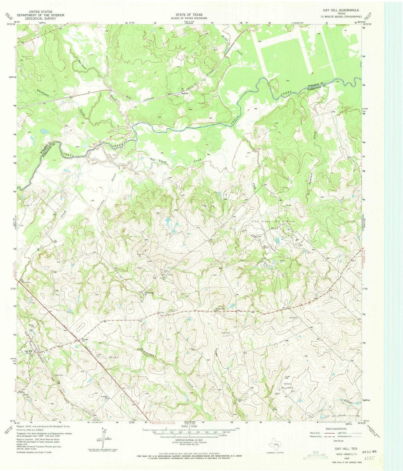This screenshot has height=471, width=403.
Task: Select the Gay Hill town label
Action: (x=29, y=351)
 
